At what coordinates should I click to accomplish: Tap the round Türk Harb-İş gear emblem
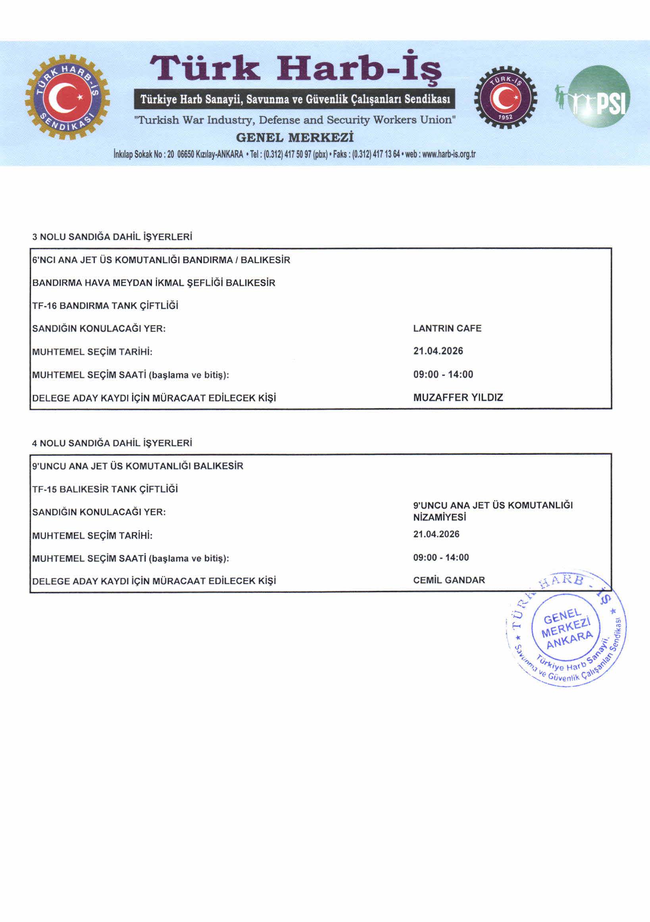[x=67, y=97]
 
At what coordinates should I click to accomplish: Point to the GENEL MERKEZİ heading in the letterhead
[x=294, y=138]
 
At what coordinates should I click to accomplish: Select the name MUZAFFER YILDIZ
[x=458, y=397]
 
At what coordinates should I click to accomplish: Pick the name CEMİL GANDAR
[x=449, y=580]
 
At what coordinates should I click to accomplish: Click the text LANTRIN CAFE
[x=447, y=328]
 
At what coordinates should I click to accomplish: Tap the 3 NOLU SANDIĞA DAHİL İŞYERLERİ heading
[x=112, y=237]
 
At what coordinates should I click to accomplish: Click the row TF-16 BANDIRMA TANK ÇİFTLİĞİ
[x=105, y=306]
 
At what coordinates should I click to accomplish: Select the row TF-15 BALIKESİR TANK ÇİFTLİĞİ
[x=105, y=489]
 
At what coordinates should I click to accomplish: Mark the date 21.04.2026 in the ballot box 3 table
[x=438, y=351]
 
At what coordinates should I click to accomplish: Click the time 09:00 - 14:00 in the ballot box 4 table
[x=441, y=557]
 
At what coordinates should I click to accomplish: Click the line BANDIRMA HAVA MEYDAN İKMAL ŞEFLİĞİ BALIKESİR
[x=154, y=283]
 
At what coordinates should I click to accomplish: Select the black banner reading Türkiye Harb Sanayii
[x=295, y=99]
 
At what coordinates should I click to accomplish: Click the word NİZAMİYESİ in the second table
[x=439, y=517]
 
